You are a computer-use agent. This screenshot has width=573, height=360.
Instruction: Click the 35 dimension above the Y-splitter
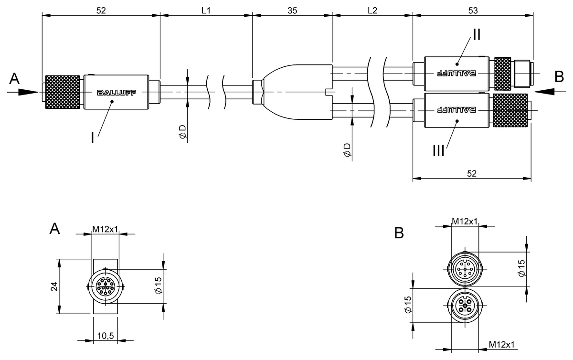click(x=291, y=10)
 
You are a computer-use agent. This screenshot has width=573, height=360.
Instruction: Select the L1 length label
click(x=206, y=10)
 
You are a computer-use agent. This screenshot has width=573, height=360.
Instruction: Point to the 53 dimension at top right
click(x=473, y=10)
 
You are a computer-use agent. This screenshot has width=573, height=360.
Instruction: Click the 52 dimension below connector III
click(x=471, y=174)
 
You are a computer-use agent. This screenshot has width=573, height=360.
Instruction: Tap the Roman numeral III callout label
click(x=437, y=151)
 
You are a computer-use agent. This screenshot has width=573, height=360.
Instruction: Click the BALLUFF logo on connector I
click(x=116, y=93)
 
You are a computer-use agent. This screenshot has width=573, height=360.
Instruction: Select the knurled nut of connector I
click(x=62, y=92)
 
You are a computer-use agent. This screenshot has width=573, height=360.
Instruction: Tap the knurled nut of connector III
click(x=511, y=110)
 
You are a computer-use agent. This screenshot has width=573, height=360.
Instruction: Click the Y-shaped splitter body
click(x=296, y=91)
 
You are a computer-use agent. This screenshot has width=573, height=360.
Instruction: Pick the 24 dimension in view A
click(x=54, y=286)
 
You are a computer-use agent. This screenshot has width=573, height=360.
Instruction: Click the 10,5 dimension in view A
click(x=105, y=336)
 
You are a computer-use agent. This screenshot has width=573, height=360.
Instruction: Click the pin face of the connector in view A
click(x=105, y=287)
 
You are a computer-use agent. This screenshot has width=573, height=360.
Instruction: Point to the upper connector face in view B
click(x=465, y=268)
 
